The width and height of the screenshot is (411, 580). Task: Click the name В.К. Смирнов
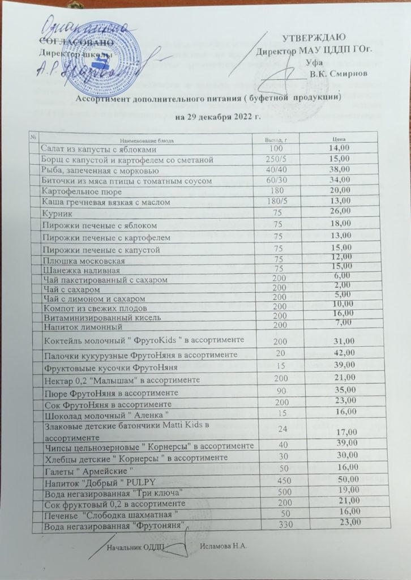point(338,73)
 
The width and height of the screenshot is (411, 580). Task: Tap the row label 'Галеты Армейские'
point(88,468)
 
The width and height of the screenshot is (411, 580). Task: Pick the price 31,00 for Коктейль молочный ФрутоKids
point(344,340)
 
